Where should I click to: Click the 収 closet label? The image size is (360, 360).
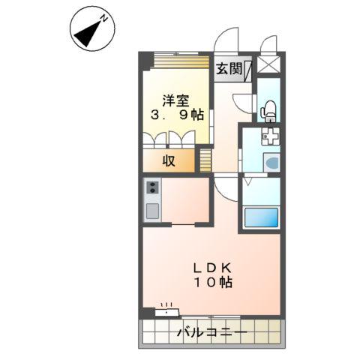pyautogui.click(x=169, y=160)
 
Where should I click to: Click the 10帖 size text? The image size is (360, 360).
pyautogui.click(x=214, y=282)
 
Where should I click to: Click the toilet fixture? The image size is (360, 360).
pyautogui.click(x=268, y=110)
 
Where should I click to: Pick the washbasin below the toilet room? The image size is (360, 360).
pyautogui.click(x=271, y=163)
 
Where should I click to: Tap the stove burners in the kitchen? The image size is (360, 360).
pyautogui.click(x=151, y=188)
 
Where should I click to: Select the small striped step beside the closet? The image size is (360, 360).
pyautogui.click(x=203, y=159)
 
